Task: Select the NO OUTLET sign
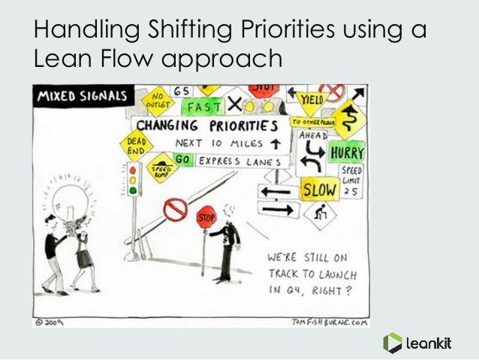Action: [x=158, y=101]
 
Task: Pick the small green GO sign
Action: [x=180, y=159]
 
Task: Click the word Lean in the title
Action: [x=57, y=59]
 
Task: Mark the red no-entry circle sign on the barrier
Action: [x=174, y=209]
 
